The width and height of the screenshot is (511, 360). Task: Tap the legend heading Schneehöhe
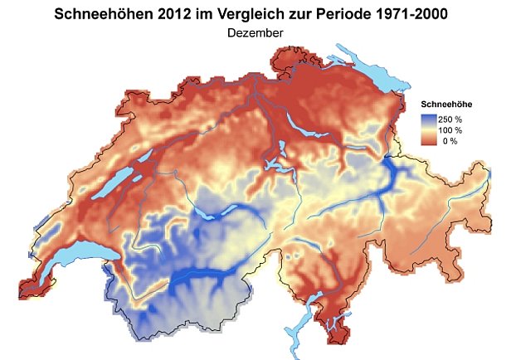449,105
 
